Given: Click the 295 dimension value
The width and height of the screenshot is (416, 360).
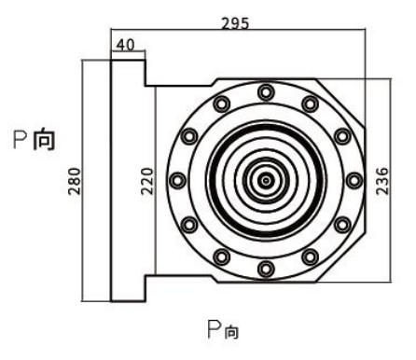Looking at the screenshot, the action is click(x=235, y=23).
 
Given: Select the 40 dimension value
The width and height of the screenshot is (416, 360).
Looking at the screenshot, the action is click(x=126, y=45).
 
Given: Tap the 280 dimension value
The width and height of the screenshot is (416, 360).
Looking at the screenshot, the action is click(x=75, y=181).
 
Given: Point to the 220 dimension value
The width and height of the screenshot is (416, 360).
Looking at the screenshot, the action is click(x=147, y=181).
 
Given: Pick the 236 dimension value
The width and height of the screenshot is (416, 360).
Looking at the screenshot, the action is click(x=382, y=181).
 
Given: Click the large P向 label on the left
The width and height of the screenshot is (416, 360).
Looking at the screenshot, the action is click(x=35, y=140).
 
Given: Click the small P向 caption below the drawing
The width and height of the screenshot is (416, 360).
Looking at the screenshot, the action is click(x=223, y=329).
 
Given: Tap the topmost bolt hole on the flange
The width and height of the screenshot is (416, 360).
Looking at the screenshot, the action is click(x=266, y=92).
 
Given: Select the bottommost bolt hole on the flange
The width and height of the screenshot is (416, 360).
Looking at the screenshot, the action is click(x=266, y=269).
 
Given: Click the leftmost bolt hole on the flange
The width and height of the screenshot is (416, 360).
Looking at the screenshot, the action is click(x=177, y=180).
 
